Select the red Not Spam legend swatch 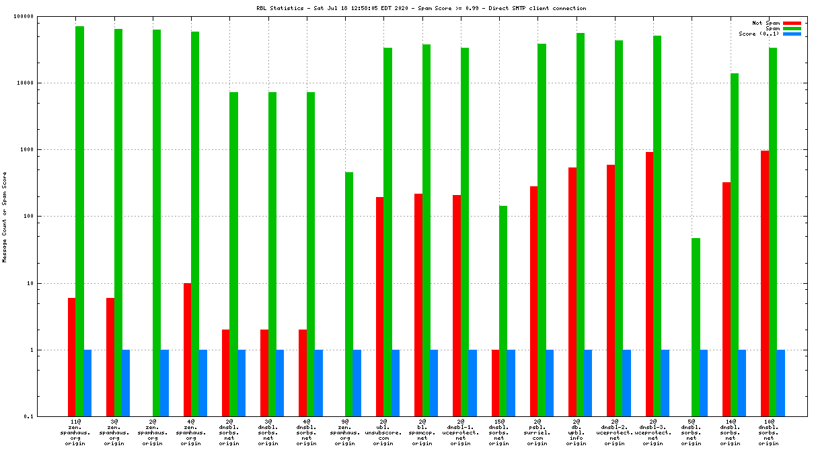(x=792, y=23)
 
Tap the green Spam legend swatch (x=792, y=28)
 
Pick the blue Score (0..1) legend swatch (x=792, y=34)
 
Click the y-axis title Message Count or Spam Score (x=5, y=217)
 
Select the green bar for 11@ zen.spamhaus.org (x=79, y=221)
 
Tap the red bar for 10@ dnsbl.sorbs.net (x=765, y=283)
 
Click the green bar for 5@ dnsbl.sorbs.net (x=696, y=327)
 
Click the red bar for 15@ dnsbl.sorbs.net (x=496, y=383)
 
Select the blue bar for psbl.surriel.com (x=550, y=383)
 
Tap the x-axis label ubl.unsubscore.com (x=383, y=432)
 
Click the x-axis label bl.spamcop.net (x=422, y=432)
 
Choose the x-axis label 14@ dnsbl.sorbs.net (x=730, y=432)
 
